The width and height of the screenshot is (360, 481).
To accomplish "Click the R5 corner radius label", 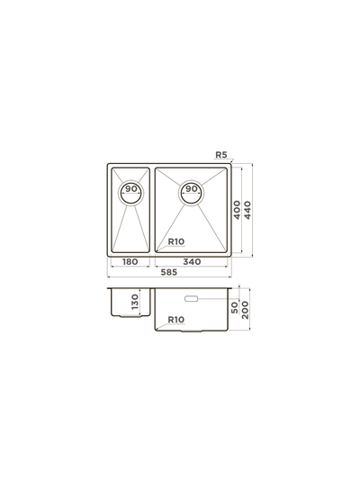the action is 220,155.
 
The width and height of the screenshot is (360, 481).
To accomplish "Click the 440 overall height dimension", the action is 247,210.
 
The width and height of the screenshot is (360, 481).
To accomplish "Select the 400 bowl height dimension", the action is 237,210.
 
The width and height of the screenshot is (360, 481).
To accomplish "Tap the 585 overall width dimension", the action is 169,272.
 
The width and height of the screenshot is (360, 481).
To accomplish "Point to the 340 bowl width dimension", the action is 192,261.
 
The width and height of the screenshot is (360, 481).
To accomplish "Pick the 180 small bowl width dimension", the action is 130,261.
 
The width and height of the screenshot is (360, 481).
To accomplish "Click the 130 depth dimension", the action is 135,302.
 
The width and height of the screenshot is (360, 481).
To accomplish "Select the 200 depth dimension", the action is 245,310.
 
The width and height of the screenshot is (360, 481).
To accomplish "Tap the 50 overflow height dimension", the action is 235,308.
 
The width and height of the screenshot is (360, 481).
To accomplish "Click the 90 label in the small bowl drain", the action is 131,189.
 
